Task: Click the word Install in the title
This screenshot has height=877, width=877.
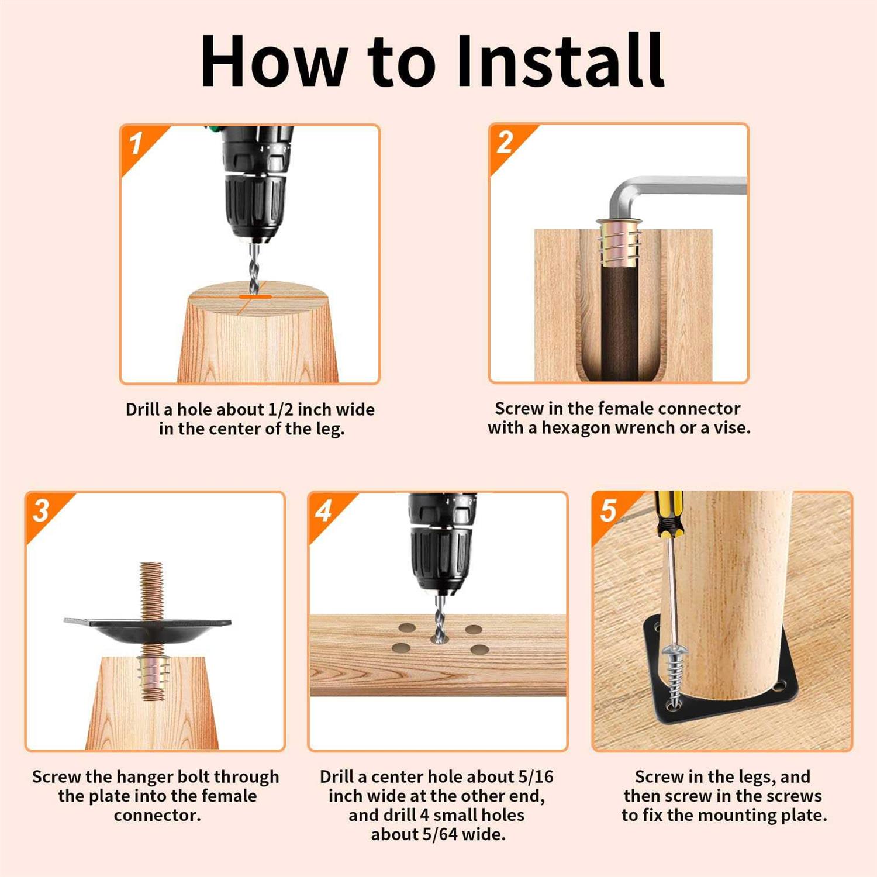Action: click(560, 61)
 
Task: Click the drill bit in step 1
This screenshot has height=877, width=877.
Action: click(254, 268)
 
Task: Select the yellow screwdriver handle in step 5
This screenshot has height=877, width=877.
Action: click(669, 515)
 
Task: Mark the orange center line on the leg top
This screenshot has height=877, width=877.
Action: click(255, 297)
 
